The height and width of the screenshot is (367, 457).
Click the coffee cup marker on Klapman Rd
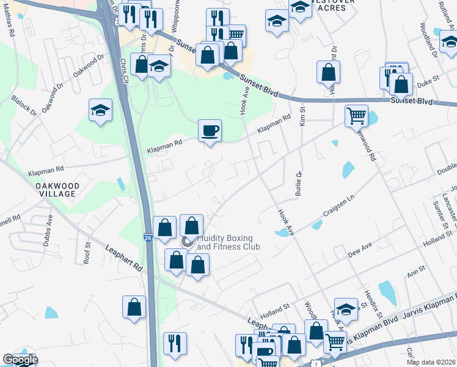click(x=210, y=131)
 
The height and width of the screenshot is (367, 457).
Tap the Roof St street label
click(x=87, y=253)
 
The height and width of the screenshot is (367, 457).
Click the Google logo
click(x=20, y=360)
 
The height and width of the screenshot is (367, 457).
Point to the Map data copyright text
click(x=431, y=362)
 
